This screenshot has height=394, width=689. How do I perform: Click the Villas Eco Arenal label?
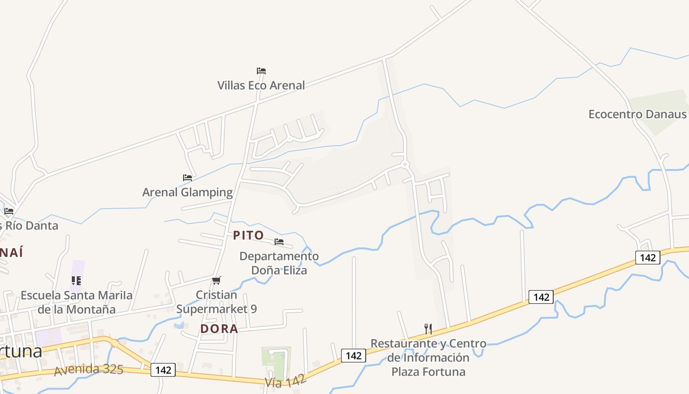click(x=261, y=85)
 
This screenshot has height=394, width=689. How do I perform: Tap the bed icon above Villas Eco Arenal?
click(x=261, y=71)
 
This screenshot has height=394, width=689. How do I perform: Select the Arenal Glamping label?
click(x=188, y=192)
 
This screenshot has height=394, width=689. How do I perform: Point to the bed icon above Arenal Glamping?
click(x=188, y=178)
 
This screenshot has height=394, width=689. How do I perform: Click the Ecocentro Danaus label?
click(x=637, y=114)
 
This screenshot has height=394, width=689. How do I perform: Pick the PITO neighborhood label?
click(x=249, y=235)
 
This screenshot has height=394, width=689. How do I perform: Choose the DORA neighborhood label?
click(x=219, y=328)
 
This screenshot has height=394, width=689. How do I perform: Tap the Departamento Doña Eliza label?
click(x=279, y=263)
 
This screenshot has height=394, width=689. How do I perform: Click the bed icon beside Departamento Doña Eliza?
click(x=279, y=242)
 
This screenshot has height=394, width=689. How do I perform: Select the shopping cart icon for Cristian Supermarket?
click(x=217, y=281)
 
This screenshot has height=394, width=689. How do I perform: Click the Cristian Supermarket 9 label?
click(x=217, y=302)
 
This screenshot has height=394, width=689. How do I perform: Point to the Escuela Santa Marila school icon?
click(x=76, y=281)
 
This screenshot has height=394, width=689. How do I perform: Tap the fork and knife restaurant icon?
click(x=428, y=328)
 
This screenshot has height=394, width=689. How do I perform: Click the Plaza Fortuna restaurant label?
click(x=428, y=357)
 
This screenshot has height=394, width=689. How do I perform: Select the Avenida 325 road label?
click(x=89, y=369)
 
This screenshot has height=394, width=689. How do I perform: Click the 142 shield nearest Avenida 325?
click(x=163, y=370)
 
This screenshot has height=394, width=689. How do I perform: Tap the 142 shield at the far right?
click(x=647, y=258)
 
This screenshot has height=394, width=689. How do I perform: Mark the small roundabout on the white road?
click(x=406, y=164)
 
